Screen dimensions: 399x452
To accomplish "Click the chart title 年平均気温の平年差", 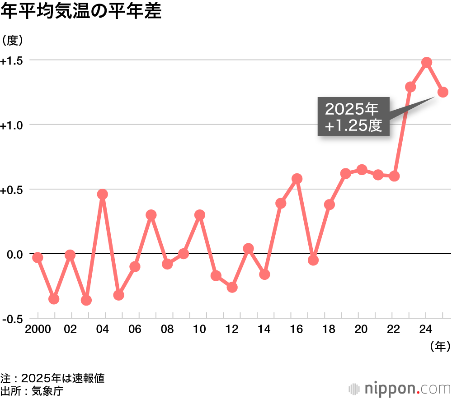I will coord(81,12).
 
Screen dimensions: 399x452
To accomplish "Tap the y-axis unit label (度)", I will coord(12,41).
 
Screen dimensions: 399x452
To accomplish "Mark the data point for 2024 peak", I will coord(427,62).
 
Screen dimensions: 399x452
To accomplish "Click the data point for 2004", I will coord(103,195).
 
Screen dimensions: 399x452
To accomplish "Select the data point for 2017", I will coord(313,260).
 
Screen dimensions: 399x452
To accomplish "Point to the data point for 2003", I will coord(86,300).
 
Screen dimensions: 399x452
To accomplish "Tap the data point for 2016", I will coord(297,179).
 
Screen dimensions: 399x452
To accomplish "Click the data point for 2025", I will coord(443,92).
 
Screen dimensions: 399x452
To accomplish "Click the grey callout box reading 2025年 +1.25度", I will coord(353,116).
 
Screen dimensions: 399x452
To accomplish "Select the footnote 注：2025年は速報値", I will coord(53,378).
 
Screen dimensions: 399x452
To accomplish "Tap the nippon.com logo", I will coord(400,388).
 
